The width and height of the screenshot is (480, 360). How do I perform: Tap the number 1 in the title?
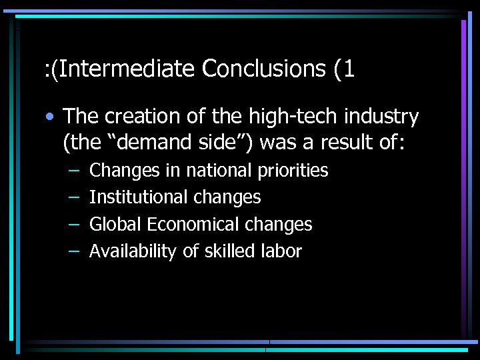(347, 69)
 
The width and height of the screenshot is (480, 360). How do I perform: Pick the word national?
(220, 171)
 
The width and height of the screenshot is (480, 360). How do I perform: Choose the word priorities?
(294, 171)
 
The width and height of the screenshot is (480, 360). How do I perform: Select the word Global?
(116, 225)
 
